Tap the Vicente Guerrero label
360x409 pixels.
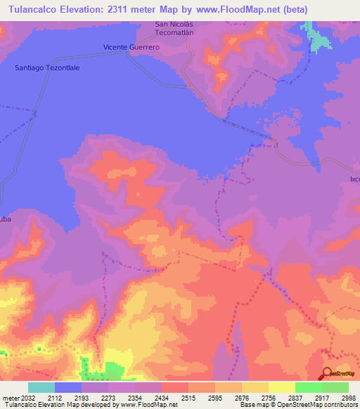coord(131,47)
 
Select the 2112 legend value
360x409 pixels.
coord(69,398)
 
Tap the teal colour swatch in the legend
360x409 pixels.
coord(41,387)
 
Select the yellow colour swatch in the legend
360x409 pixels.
coord(282,387)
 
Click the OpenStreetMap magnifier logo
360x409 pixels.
coord(327,373)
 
